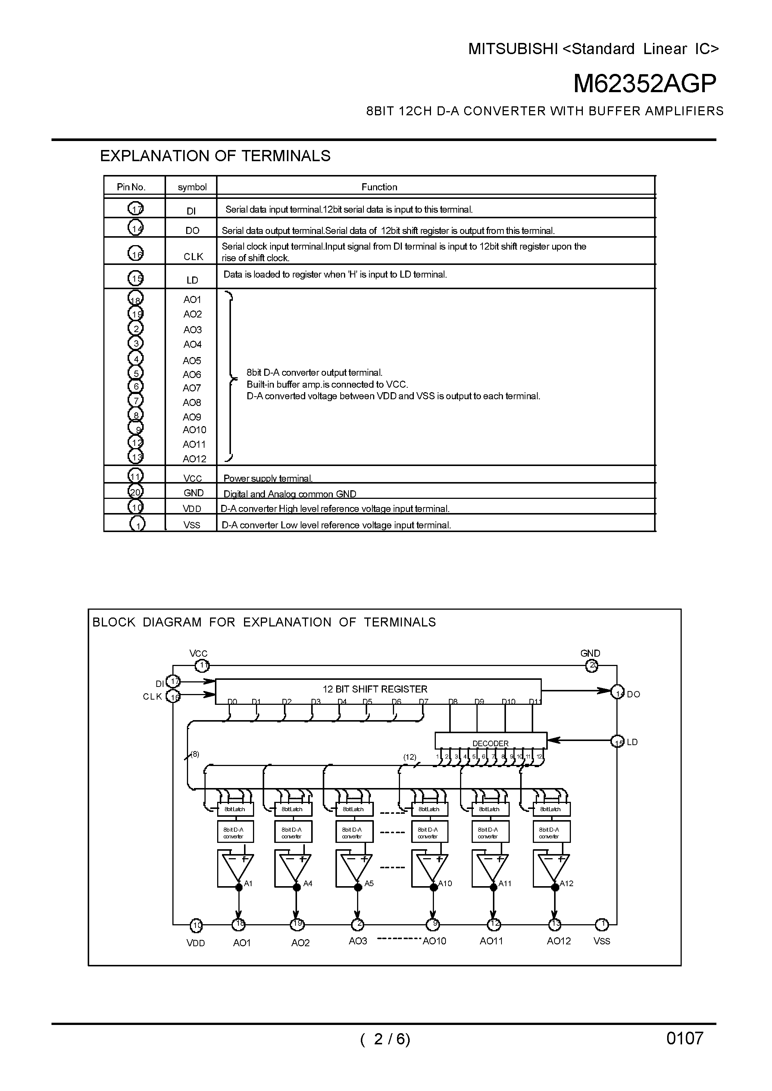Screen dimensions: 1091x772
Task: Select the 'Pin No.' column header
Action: pyautogui.click(x=131, y=187)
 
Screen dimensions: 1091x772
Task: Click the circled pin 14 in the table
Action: pyautogui.click(x=136, y=229)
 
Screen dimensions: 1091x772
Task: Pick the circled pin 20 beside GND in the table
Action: pyautogui.click(x=135, y=491)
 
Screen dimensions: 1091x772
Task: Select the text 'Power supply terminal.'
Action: pyautogui.click(x=268, y=478)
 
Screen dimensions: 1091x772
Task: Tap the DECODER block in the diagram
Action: pyautogui.click(x=490, y=743)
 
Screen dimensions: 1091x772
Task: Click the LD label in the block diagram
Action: pyautogui.click(x=632, y=742)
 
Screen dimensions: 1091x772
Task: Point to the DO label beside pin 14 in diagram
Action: pyautogui.click(x=633, y=694)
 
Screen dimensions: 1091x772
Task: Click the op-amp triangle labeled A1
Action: pyautogui.click(x=235, y=869)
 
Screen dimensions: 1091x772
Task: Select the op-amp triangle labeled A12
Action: pyautogui.click(x=552, y=869)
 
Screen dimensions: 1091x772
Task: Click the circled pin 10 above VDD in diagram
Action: pyautogui.click(x=196, y=925)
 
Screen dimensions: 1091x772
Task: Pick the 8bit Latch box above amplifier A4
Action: pyautogui.click(x=293, y=809)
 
